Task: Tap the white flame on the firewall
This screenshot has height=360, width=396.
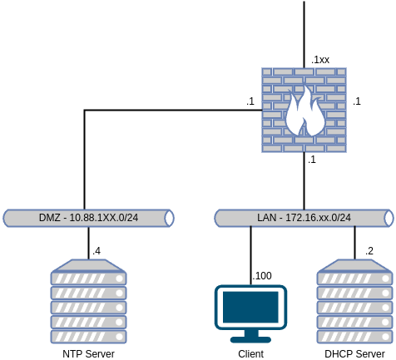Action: tap(304, 113)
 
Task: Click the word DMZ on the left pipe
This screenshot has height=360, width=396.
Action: tap(50, 219)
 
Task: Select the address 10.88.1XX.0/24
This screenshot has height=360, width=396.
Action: tap(104, 219)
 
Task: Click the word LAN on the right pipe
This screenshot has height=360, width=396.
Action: tap(266, 219)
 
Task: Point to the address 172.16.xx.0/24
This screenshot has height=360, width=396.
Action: tap(319, 219)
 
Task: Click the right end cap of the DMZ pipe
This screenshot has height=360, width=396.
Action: tap(169, 219)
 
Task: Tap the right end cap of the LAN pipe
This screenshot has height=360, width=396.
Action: tap(388, 219)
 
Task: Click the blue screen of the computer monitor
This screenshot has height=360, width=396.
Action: tap(250, 307)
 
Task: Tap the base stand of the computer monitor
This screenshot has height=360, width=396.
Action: tap(250, 338)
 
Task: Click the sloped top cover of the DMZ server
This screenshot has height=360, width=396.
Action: tap(88, 265)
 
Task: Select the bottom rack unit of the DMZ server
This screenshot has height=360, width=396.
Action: tap(88, 337)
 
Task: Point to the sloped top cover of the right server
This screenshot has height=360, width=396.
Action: tap(354, 265)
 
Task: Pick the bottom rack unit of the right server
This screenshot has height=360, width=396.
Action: tap(354, 337)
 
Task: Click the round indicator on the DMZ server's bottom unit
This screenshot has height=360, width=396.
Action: tap(119, 337)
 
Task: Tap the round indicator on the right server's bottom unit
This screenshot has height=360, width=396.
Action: tap(385, 337)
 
